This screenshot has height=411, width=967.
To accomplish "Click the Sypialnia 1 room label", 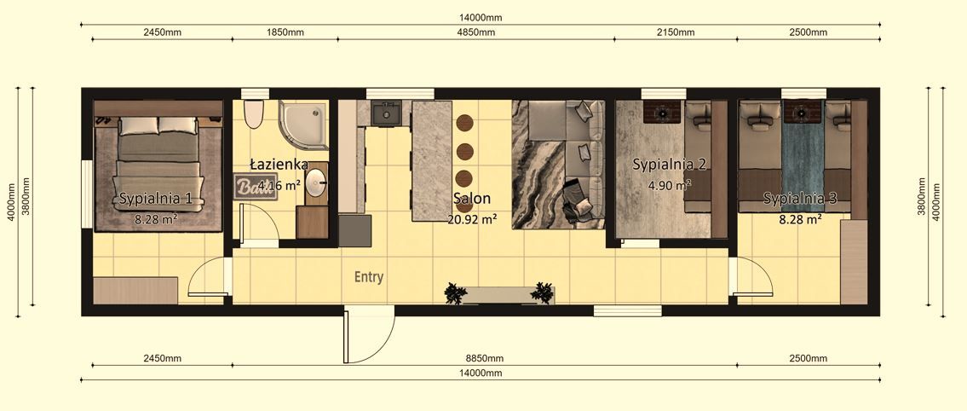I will (161, 199).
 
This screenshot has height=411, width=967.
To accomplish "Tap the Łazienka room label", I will (274, 163).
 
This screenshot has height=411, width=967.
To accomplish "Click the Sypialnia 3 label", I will (800, 199).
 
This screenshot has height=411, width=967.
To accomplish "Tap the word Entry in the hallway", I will (369, 277).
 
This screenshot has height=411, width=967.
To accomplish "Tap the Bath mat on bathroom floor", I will (255, 186).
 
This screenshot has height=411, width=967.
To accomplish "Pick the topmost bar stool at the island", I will (464, 123).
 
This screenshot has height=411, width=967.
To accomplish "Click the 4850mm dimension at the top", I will (475, 32).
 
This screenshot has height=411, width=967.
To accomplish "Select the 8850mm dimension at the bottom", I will (484, 358).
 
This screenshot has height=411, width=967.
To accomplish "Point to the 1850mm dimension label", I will (285, 32).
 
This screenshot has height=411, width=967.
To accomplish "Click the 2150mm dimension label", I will (676, 32).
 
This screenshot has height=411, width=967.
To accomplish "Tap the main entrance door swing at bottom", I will (369, 335).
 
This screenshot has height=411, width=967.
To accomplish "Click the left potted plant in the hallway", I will (456, 293).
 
